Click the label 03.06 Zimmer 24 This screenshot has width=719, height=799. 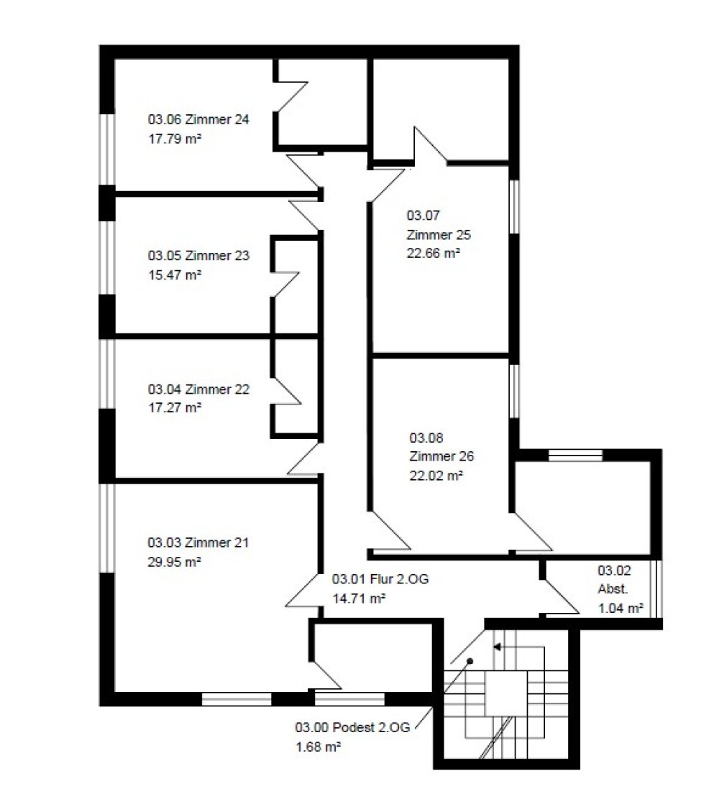pyautogui.click(x=198, y=119)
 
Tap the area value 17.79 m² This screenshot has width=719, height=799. pyautogui.click(x=175, y=138)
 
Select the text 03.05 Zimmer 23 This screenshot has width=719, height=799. pyautogui.click(x=198, y=255)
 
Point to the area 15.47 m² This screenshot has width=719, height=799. pyautogui.click(x=175, y=274)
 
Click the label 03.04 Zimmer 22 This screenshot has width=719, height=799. pyautogui.click(x=198, y=389)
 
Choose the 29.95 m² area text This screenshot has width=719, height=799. pyautogui.click(x=174, y=562)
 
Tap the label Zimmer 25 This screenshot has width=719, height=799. pyautogui.click(x=439, y=235)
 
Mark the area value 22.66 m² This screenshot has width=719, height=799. pyautogui.click(x=434, y=253)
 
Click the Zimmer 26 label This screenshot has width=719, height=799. pyautogui.click(x=441, y=456)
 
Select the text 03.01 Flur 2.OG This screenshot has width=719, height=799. pyautogui.click(x=380, y=579)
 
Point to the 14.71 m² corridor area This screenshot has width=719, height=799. pyautogui.click(x=359, y=598)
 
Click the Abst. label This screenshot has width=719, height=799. pyautogui.click(x=613, y=589)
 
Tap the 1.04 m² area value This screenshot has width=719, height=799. pyautogui.click(x=620, y=608)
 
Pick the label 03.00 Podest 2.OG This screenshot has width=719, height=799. pyautogui.click(x=352, y=727)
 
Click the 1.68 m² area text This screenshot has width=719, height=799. pyautogui.click(x=319, y=747)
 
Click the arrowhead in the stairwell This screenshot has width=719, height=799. pyautogui.click(x=497, y=647)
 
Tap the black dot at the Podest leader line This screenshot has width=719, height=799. pyautogui.click(x=470, y=662)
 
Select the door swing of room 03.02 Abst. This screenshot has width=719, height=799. pyautogui.click(x=561, y=597)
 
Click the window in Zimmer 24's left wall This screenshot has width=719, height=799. pyautogui.click(x=106, y=149)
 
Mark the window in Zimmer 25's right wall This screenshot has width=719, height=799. pyautogui.click(x=514, y=206)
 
